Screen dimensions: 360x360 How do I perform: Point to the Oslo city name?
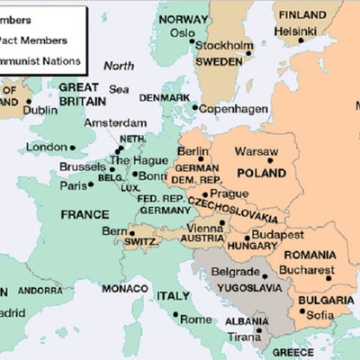(184, 32)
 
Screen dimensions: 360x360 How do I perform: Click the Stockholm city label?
(224, 45)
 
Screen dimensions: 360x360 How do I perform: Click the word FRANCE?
(84, 215)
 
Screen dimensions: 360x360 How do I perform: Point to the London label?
(47, 147)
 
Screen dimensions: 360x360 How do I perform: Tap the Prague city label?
(227, 193)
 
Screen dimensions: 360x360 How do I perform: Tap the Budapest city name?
(280, 233)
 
